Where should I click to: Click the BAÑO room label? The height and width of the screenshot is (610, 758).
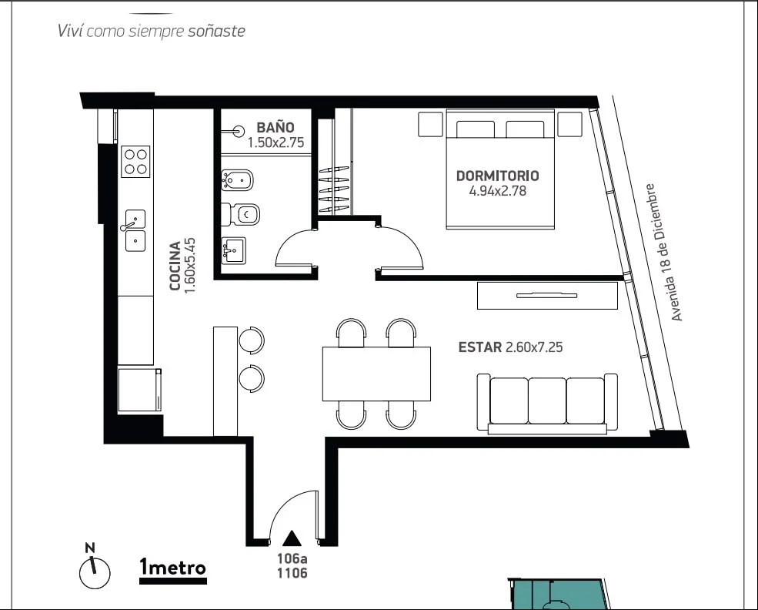[x=275, y=127]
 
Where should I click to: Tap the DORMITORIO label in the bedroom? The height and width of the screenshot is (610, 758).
[x=497, y=176]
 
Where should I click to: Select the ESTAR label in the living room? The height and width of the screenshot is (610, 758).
[x=480, y=347]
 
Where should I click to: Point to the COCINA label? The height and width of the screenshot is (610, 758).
[x=175, y=266]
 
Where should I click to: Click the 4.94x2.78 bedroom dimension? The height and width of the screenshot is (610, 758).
[x=497, y=190]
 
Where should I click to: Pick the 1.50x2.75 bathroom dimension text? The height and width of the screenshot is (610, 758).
[x=275, y=142]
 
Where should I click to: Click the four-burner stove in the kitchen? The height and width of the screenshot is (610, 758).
[x=135, y=162]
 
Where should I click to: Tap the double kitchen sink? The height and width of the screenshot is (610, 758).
[x=135, y=230]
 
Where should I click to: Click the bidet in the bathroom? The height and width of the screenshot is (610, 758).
[x=237, y=180]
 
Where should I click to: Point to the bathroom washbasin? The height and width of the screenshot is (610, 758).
[x=233, y=250]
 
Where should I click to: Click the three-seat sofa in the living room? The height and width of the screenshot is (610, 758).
[x=547, y=403]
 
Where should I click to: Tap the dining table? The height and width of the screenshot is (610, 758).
[x=376, y=374]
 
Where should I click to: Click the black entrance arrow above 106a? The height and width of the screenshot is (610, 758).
[x=292, y=538]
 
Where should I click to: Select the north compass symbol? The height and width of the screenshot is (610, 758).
[x=94, y=568]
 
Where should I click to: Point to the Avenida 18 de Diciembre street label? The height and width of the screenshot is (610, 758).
[x=663, y=252]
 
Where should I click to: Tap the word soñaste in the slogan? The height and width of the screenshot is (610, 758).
[x=216, y=31]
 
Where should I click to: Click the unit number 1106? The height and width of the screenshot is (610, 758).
[x=292, y=573]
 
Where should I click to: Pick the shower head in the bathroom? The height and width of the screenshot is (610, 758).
[x=237, y=131]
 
